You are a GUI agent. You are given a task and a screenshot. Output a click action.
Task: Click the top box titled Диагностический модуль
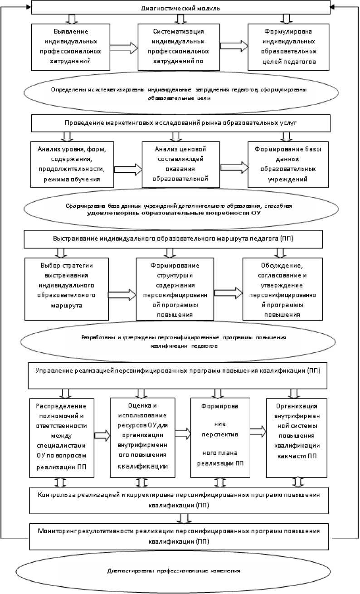[180, 8]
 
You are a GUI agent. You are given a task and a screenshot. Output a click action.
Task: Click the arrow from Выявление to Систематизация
[123, 47]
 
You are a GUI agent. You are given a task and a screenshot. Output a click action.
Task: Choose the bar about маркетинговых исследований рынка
[180, 123]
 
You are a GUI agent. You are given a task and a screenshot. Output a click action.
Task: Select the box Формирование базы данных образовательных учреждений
[288, 164]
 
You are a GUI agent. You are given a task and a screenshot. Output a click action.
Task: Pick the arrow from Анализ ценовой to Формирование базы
[234, 166]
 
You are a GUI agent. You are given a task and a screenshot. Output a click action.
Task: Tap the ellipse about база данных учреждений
[180, 209]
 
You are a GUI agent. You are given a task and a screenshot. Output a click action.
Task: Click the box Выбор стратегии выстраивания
[67, 289]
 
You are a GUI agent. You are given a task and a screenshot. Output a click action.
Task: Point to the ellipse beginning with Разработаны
[180, 341]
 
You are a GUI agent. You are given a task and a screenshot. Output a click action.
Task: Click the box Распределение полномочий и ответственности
[62, 438]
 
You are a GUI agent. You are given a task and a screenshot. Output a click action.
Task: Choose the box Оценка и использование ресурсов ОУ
[142, 438]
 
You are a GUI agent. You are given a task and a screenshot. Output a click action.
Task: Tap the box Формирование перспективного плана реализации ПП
[220, 438]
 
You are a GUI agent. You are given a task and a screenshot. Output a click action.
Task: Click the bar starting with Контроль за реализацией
[180, 499]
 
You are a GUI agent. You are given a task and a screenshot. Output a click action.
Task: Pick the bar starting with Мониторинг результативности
[180, 536]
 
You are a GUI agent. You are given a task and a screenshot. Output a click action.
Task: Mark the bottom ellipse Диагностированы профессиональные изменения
[180, 570]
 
